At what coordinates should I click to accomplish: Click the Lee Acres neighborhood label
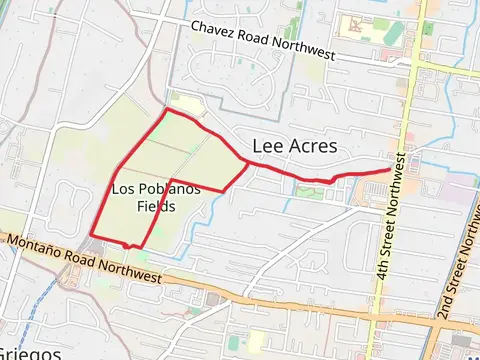tap(295, 146)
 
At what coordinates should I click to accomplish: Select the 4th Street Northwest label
tap(392, 215)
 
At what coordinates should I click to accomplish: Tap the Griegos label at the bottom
tap(30, 353)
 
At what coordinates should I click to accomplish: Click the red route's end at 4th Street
tap(390, 170)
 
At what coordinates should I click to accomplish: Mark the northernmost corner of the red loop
tap(166, 110)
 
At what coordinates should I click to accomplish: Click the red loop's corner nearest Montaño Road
tap(128, 246)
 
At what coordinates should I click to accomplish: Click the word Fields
tap(156, 207)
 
